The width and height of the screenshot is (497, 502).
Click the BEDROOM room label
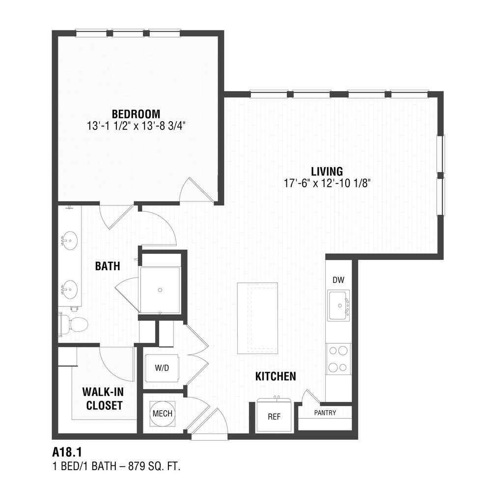(136, 114)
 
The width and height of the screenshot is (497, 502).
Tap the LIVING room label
(327, 172)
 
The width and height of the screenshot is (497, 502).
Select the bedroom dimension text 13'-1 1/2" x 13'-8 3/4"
(136, 126)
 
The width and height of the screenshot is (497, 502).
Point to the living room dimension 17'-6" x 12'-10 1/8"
(328, 183)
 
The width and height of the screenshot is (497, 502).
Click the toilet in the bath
(73, 325)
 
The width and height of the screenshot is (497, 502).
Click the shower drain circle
(160, 290)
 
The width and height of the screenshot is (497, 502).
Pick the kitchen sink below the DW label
(338, 305)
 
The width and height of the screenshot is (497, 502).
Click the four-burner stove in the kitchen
(338, 359)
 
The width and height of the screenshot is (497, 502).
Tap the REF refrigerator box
(274, 415)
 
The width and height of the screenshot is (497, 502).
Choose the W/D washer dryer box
(162, 368)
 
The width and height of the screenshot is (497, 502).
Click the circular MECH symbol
(163, 413)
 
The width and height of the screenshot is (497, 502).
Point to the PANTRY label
(325, 413)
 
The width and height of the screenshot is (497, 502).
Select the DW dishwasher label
(338, 280)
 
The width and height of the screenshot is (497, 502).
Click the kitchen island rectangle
(257, 318)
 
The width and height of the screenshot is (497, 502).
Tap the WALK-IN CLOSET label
(103, 399)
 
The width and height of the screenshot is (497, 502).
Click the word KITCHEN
(276, 376)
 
